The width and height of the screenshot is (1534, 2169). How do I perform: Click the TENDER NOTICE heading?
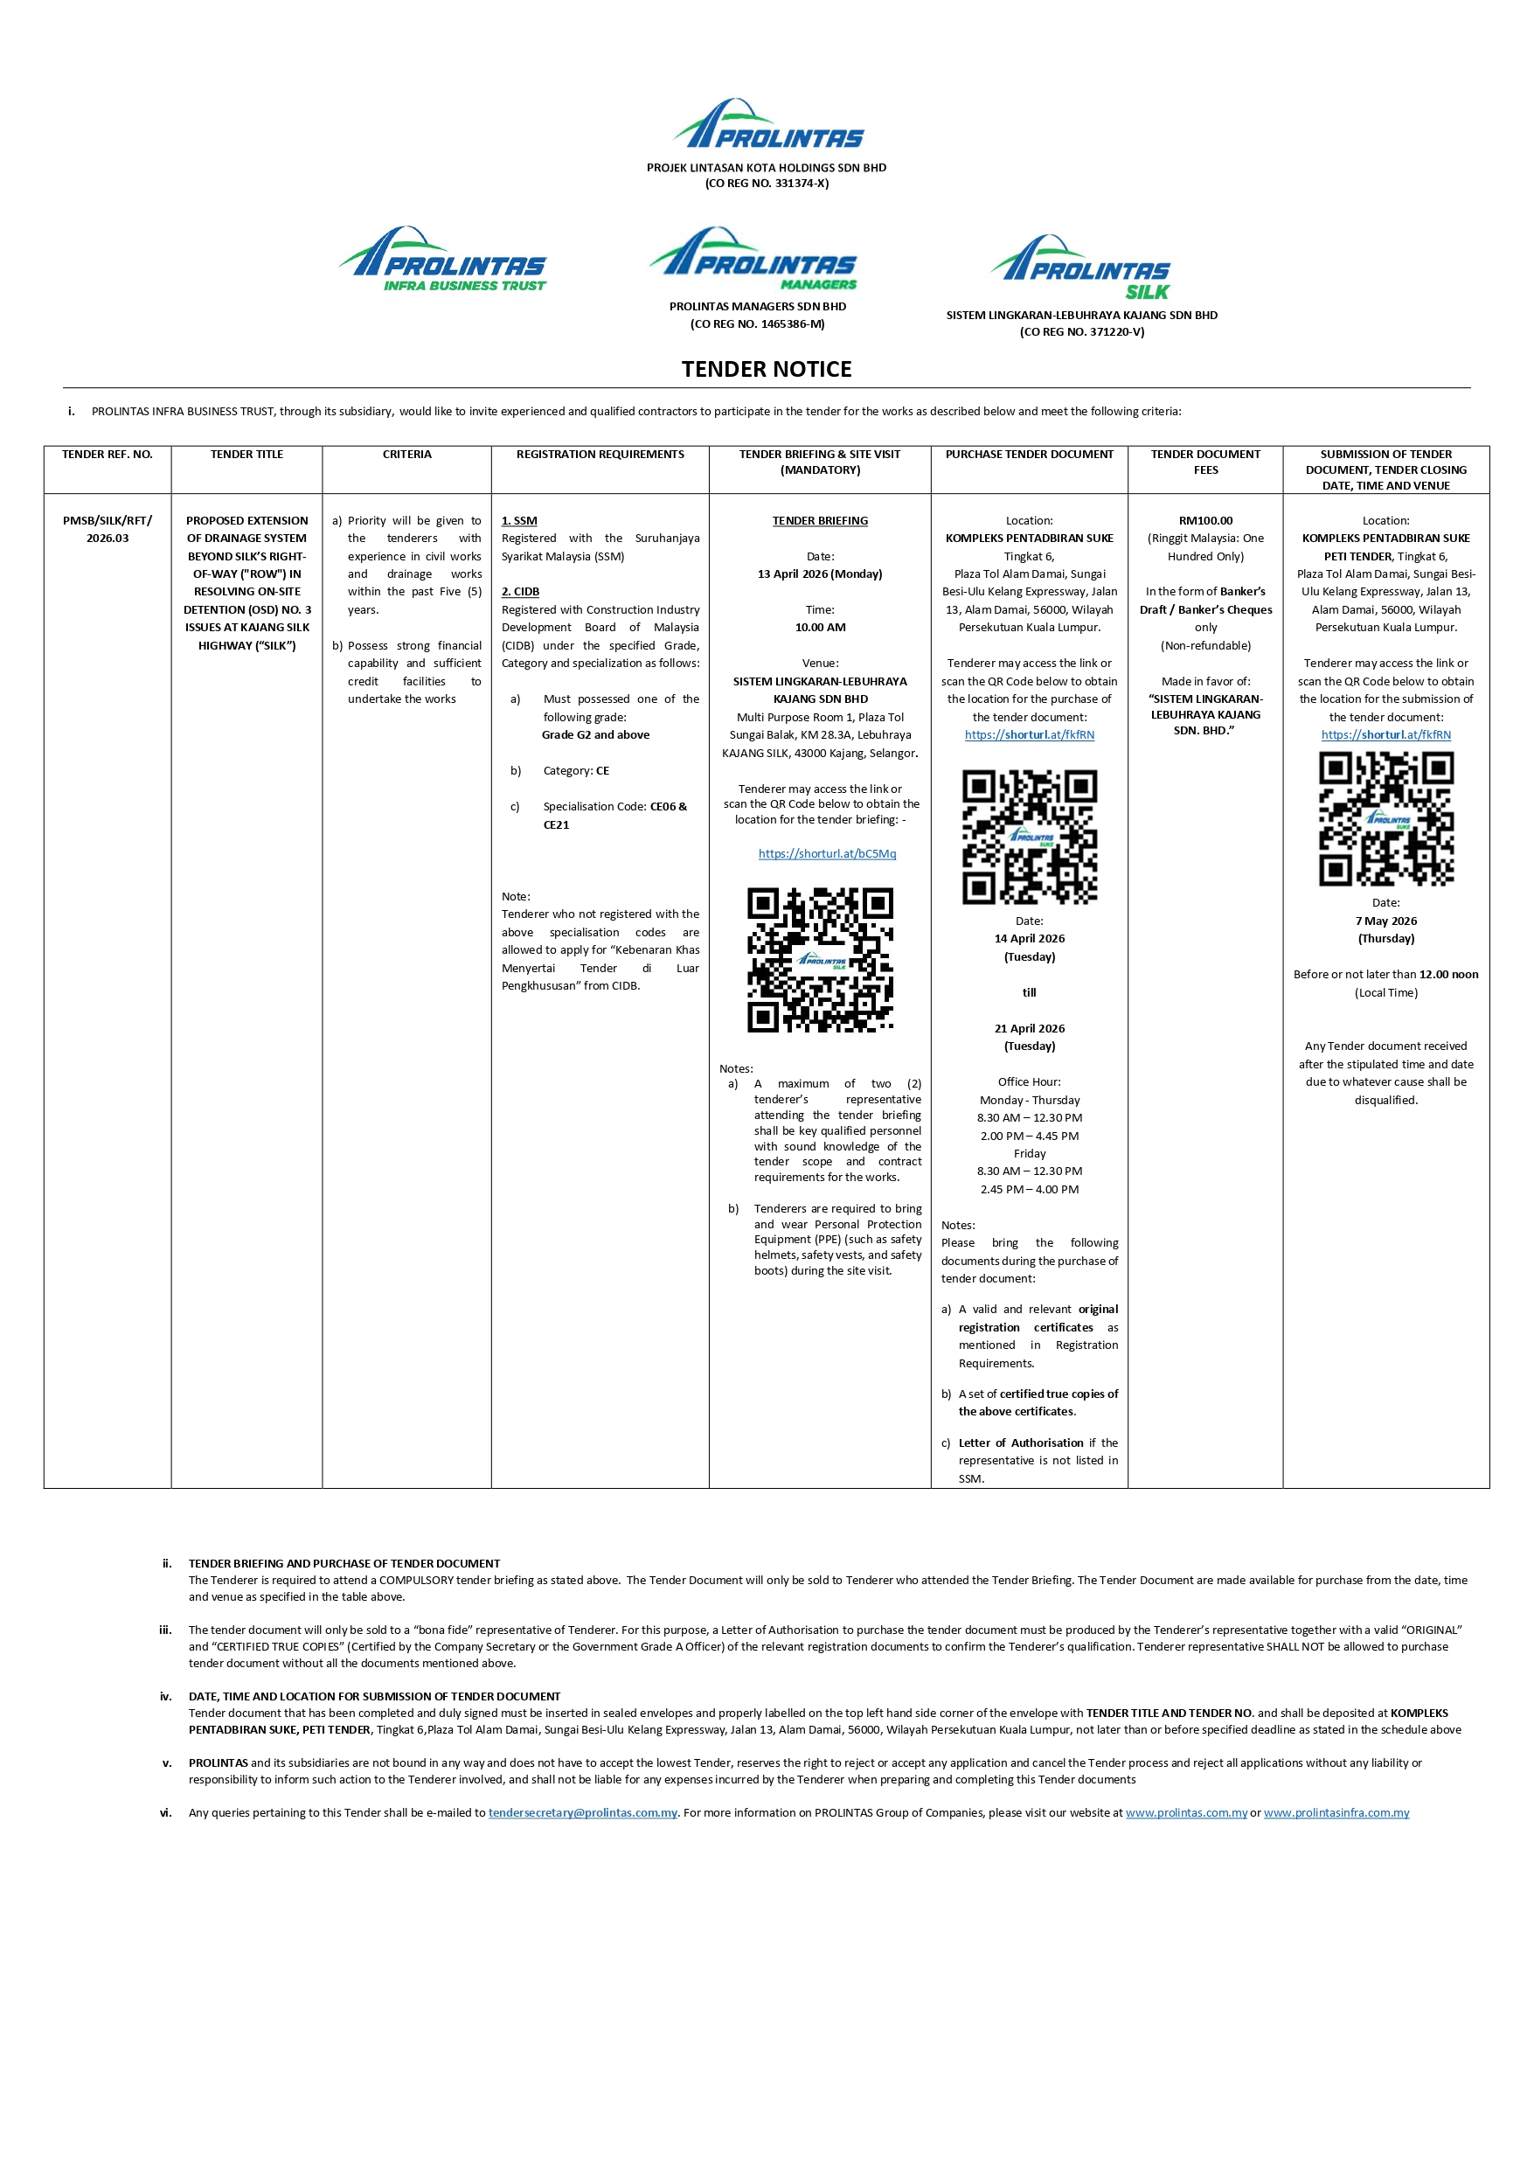pos(766,370)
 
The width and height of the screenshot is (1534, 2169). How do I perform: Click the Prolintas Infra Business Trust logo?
pos(443,260)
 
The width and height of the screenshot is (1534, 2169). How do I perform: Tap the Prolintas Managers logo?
pos(753,259)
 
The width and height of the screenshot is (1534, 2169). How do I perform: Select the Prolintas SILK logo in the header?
pos(1080,268)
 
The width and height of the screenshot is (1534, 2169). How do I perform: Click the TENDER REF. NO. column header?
pos(107,455)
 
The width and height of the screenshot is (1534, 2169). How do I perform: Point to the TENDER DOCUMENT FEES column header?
pos(1204,462)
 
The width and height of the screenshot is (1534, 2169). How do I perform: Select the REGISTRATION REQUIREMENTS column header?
pos(600,455)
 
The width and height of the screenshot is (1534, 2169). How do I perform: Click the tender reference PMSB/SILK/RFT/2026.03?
pos(107,529)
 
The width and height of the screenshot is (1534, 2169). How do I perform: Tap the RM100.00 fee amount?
pos(1205,520)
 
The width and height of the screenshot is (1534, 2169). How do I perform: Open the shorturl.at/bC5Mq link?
pos(827,854)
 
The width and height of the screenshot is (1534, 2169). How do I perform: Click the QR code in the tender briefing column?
pos(820,959)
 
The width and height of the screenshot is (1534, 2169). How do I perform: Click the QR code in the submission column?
pos(1385,819)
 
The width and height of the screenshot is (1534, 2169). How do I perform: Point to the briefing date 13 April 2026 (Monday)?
pos(820,574)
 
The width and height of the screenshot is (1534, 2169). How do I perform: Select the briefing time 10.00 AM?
pos(820,628)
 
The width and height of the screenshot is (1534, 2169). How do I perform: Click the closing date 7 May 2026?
pos(1385,921)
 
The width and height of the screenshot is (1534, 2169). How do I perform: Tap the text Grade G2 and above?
pos(595,735)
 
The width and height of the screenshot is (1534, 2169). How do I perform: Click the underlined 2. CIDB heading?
pos(520,591)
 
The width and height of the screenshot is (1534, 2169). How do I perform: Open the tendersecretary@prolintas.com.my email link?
pos(582,1813)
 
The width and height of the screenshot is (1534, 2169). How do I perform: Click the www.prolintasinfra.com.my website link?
pos(1336,1813)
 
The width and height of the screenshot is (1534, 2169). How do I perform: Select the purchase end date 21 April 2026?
pos(1029,1029)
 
